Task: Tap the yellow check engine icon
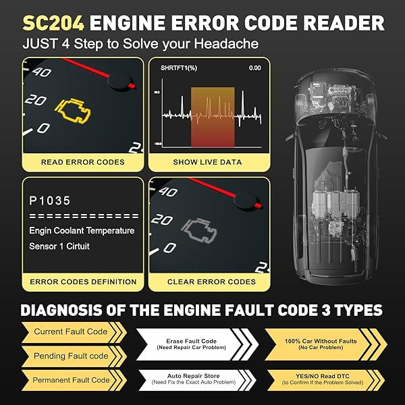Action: coord(74,109)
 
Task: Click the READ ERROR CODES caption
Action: coord(82,162)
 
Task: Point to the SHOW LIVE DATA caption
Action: coord(208,162)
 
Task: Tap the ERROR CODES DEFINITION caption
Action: coord(82,281)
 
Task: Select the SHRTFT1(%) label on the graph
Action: coord(180,68)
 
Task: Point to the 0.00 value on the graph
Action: coord(254,68)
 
